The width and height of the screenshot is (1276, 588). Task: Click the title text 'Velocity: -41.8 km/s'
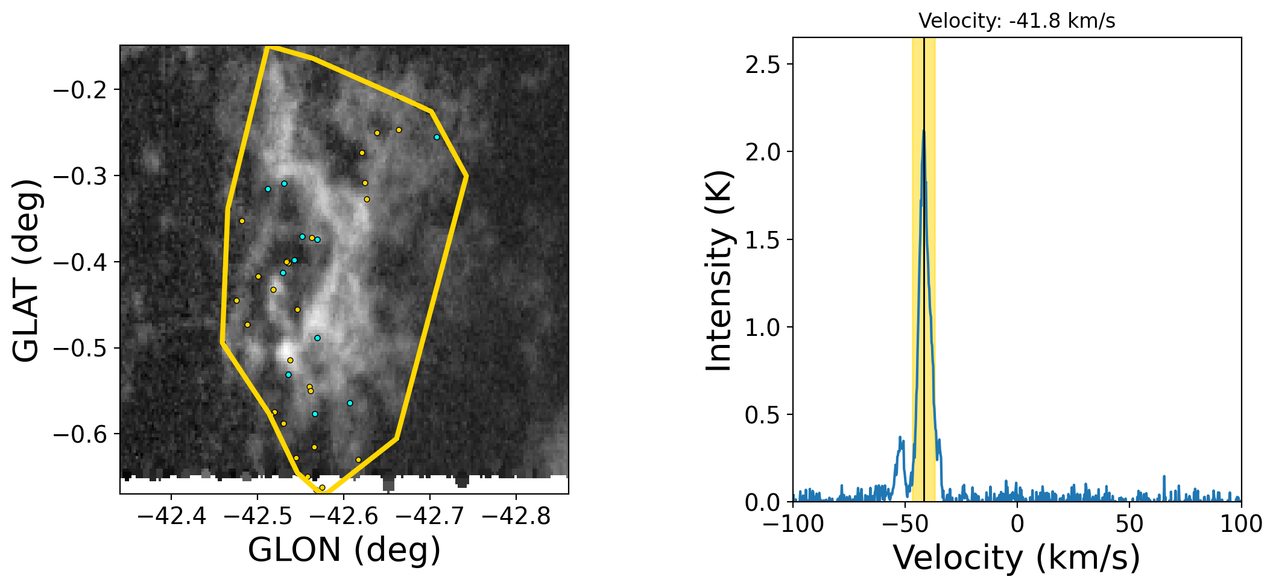tap(1017, 21)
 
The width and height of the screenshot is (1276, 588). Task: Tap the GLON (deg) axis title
tap(344, 550)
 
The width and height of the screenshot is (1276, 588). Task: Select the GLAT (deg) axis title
tap(27, 270)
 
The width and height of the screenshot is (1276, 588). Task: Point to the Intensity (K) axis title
tap(719, 270)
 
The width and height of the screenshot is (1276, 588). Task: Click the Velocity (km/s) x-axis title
tap(1017, 557)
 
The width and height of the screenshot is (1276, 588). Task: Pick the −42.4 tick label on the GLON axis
tap(172, 516)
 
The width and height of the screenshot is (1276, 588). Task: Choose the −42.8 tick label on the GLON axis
tap(516, 516)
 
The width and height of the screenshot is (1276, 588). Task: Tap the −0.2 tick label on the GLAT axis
tap(80, 90)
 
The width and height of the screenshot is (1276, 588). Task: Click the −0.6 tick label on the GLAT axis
tap(80, 434)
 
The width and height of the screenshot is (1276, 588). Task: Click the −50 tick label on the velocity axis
tap(905, 524)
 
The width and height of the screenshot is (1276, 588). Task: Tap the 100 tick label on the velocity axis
tap(1241, 524)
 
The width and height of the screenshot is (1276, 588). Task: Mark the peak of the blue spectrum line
tap(923, 131)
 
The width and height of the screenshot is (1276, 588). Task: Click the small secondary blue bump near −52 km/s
tap(900, 438)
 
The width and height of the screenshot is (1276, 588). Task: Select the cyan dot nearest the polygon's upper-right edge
tap(437, 137)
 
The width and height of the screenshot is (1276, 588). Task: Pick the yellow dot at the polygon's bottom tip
tap(322, 487)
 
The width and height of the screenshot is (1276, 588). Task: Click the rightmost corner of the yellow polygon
tap(467, 176)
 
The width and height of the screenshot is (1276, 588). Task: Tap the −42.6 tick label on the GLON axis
tap(344, 516)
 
